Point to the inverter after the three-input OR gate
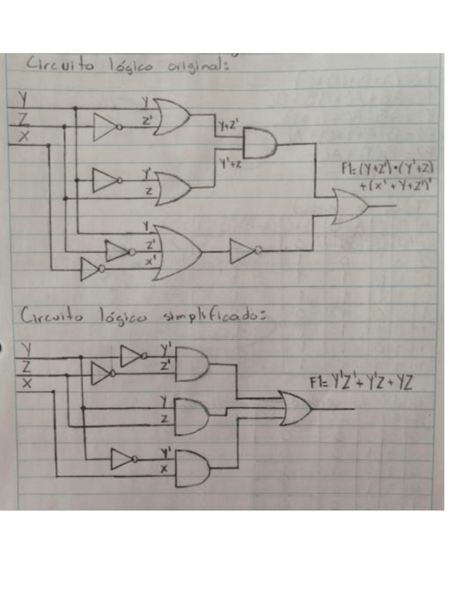pyautogui.click(x=245, y=250)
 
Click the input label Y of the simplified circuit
pyautogui.click(x=27, y=347)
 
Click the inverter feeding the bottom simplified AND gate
pyautogui.click(x=123, y=459)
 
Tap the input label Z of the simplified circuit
pyautogui.click(x=26, y=364)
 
